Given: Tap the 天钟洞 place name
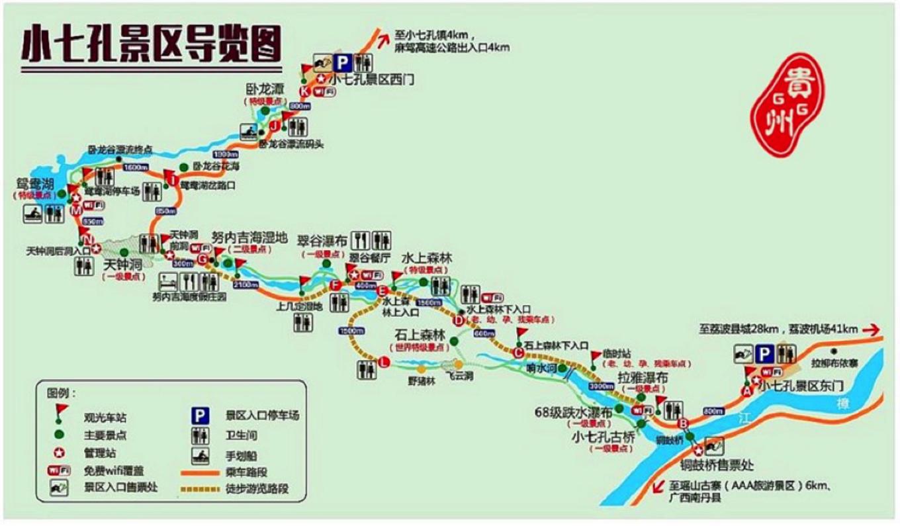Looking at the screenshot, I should pyautogui.click(x=123, y=265).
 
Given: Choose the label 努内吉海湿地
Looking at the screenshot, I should pyautogui.click(x=249, y=237).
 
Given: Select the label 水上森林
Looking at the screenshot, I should pyautogui.click(x=426, y=259).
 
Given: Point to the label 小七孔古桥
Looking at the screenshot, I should pyautogui.click(x=603, y=437).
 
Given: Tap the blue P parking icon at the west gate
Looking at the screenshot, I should pyautogui.click(x=342, y=63).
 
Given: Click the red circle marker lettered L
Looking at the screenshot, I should pyautogui.click(x=383, y=361).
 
